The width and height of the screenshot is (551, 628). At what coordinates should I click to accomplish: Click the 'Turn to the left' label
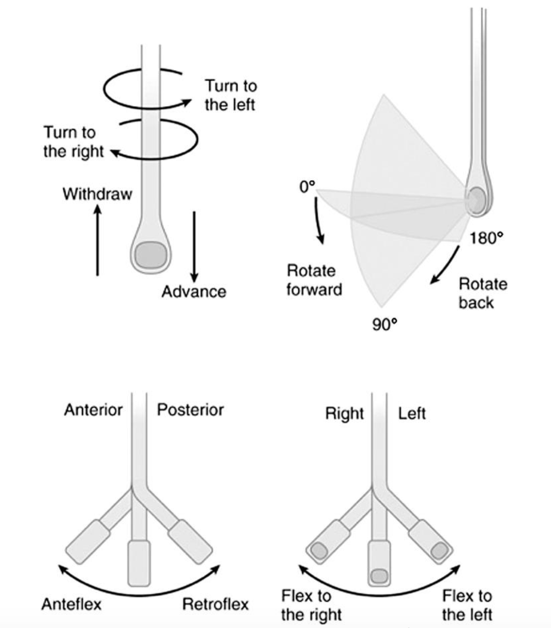point(230,95)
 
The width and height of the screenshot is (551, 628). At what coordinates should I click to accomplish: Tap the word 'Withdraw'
point(97,194)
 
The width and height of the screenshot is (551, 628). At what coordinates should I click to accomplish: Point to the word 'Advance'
point(194,291)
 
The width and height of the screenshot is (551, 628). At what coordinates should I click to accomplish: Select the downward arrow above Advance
point(194,247)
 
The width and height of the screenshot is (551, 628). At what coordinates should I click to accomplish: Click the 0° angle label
point(307,187)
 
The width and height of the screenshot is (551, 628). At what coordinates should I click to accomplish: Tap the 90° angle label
point(384,325)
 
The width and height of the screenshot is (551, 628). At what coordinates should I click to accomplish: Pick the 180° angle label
point(486,238)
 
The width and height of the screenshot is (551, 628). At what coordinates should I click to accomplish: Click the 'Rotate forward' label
point(313,280)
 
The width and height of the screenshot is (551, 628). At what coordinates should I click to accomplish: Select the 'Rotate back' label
point(482,293)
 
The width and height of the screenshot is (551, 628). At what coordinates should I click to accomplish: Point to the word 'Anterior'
point(93,409)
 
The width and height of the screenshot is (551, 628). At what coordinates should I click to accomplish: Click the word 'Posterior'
point(190,409)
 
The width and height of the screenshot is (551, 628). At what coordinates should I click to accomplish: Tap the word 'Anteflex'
point(71,604)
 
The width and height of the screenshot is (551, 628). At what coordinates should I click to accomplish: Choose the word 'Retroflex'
point(215,604)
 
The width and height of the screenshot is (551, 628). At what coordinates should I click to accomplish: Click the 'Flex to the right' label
point(311,605)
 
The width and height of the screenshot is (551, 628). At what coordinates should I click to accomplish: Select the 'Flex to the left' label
point(467,605)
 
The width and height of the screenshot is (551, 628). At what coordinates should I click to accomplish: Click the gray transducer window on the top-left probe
point(151,254)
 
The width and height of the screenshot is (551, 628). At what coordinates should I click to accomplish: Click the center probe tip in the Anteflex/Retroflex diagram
point(139,563)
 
